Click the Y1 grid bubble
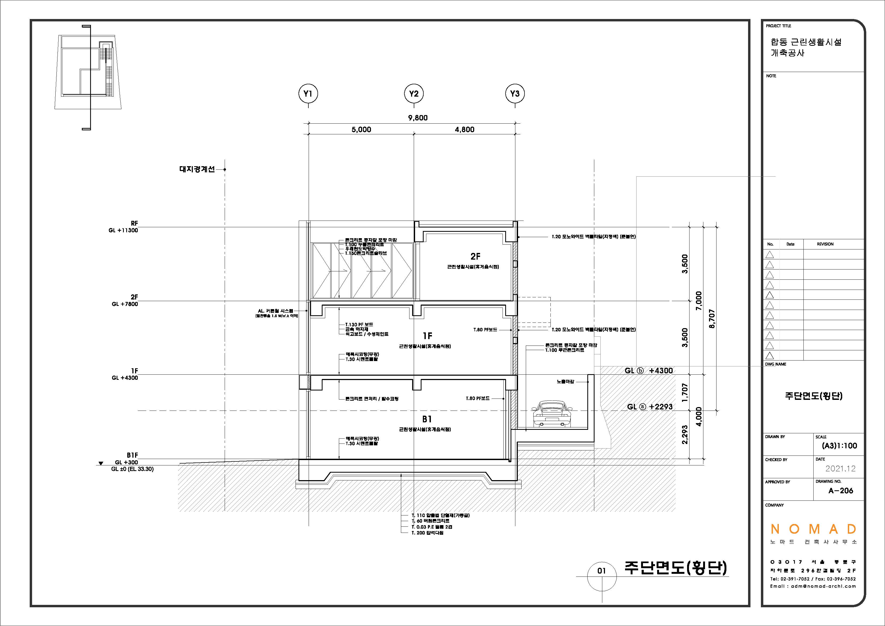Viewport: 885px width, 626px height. coord(308,94)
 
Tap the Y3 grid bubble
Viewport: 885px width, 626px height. coord(515,94)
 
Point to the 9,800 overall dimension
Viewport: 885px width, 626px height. coord(418,118)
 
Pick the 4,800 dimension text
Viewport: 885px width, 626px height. coord(465,130)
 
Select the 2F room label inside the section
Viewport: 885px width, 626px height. coord(475,256)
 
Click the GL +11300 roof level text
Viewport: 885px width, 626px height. coord(123,230)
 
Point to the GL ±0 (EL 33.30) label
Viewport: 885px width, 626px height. coord(132,469)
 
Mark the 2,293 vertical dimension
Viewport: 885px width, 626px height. coord(685,434)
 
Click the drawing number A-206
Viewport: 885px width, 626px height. coord(841,491)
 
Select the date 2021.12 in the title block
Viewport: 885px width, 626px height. coord(840,469)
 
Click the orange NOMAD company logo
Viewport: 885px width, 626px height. coord(813,529)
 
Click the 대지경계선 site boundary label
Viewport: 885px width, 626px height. coord(197,169)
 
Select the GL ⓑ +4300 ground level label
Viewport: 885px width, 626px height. coord(649,371)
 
